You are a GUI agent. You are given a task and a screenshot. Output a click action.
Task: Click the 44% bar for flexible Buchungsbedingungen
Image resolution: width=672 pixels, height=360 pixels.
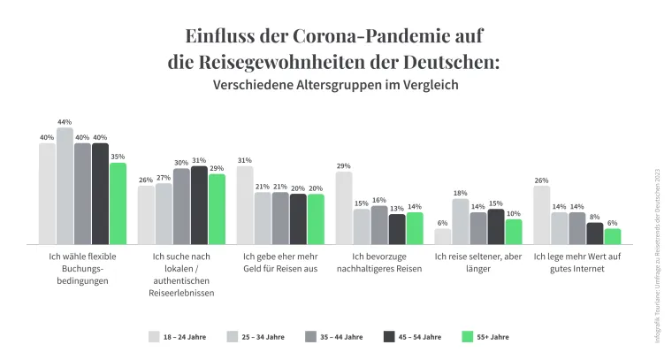pos(65,186)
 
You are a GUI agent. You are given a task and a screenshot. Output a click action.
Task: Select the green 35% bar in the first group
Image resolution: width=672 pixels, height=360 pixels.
pos(118,203)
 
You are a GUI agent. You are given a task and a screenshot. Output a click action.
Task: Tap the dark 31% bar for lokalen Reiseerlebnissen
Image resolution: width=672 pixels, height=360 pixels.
pos(199,205)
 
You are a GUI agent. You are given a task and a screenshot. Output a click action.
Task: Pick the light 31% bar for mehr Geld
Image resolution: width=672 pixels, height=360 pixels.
pos(245,205)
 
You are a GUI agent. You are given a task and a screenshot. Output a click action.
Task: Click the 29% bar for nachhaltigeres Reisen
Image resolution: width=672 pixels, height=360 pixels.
pos(344,208)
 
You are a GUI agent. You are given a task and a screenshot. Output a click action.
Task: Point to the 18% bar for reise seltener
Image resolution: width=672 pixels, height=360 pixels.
pos(461,221)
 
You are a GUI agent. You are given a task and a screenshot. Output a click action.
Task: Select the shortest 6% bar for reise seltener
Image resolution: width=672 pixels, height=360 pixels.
pos(443,236)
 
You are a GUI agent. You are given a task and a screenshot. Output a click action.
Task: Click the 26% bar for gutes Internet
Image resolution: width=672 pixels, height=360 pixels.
pos(542,215)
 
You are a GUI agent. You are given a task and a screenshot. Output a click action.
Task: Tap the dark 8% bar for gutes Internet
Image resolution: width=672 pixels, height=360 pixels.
pos(595,233)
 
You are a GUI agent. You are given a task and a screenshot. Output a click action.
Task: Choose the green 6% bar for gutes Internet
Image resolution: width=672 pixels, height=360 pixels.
pos(613,236)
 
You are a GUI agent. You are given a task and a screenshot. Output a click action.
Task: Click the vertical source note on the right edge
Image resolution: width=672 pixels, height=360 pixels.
pos(656,248)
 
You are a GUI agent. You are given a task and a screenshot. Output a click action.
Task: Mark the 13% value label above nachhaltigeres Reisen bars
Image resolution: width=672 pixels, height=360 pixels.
pos(397,209)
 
